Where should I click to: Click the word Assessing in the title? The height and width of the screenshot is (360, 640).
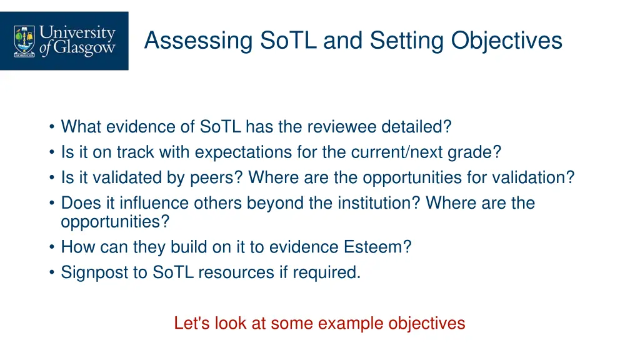point(198,41)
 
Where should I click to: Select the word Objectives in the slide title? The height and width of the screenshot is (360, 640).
point(507,41)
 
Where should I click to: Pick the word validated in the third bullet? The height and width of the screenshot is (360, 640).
point(127,178)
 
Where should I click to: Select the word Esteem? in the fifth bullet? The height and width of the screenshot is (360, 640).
point(377,247)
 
